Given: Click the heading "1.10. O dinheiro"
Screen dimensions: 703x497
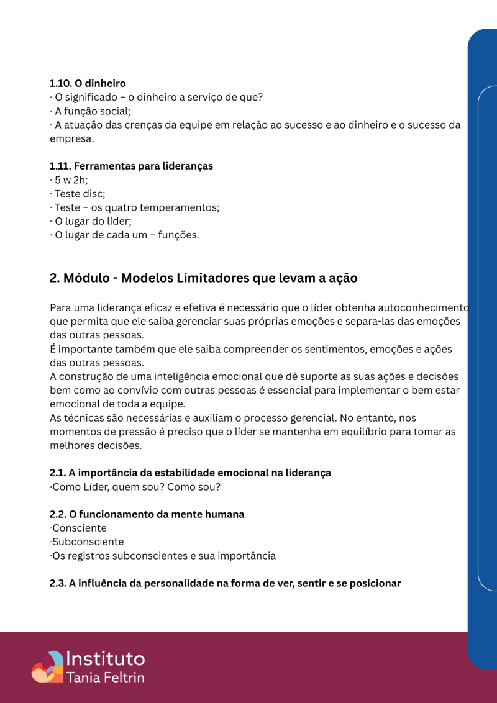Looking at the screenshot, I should coord(88,83).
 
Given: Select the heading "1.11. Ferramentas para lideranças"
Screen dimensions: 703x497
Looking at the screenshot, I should coord(131,166).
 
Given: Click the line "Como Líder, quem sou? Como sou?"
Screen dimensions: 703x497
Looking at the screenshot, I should coord(135,487).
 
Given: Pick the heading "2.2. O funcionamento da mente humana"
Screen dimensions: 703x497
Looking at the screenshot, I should coord(147,514).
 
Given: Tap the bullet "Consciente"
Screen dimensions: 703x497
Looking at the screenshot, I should coord(79,528).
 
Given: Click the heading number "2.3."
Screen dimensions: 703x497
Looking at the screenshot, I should coord(59,583).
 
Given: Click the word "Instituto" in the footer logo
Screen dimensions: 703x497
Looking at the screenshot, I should coord(105,660).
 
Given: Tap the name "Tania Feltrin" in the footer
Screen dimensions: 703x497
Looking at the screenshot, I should coord(105,677).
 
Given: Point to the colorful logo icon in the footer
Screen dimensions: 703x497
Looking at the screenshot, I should coord(47,666).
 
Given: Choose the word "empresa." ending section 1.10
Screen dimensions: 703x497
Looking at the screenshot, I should coord(71,138).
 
